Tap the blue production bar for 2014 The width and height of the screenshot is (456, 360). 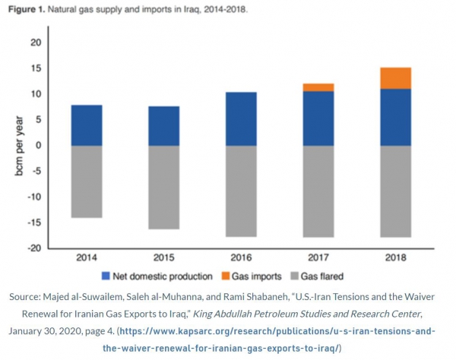86,125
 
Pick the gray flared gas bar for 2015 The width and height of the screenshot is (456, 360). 163,187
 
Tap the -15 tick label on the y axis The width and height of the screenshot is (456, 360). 33,223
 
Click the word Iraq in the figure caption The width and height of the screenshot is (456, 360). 199,12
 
